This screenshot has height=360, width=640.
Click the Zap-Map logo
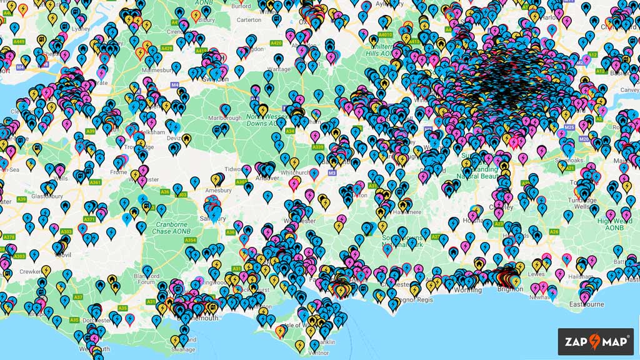pyautogui.click(x=595, y=341)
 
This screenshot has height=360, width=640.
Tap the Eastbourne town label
pyautogui.click(x=587, y=304)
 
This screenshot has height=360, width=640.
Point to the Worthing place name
pyautogui.click(x=468, y=290)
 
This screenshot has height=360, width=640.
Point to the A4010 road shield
pyautogui.click(x=386, y=36)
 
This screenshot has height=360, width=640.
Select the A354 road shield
pyautogui.click(x=191, y=240)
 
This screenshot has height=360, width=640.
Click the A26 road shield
pyautogui.click(x=554, y=232)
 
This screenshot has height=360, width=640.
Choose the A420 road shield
pyautogui.click(x=276, y=43)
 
